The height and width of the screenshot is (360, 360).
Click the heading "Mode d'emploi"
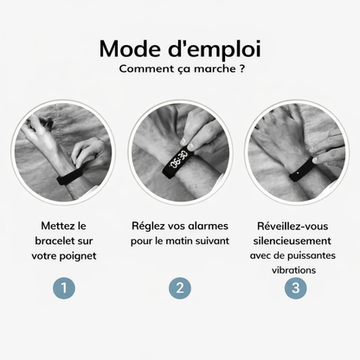click(x=180, y=48)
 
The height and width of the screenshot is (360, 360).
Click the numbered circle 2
click(x=180, y=287)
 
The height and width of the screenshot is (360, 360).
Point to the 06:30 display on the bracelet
click(x=179, y=159)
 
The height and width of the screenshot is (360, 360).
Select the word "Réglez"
click(x=150, y=225)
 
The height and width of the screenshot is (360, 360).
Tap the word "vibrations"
click(x=295, y=270)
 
